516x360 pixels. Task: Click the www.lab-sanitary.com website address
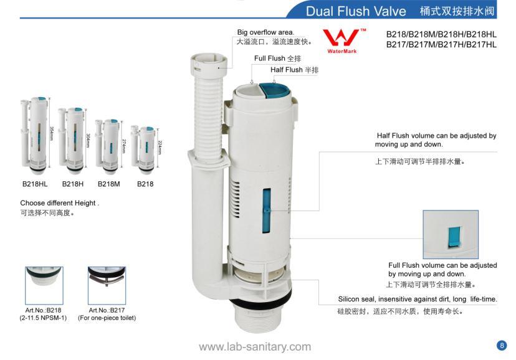[254, 346]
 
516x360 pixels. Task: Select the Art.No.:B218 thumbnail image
[44, 284]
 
